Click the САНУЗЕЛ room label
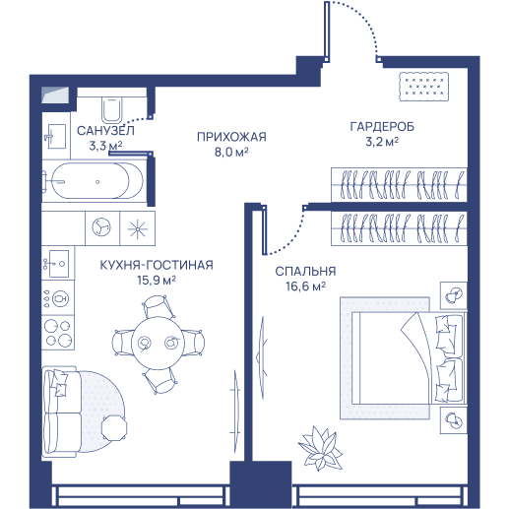click(x=105, y=131)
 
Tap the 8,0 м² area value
click(x=231, y=153)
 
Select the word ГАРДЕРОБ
click(x=382, y=126)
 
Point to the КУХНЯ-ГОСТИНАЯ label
click(x=157, y=265)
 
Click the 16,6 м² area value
click(x=305, y=286)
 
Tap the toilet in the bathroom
click(x=112, y=109)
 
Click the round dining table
click(x=158, y=343)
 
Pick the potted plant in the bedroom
click(x=320, y=448)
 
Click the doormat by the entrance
click(x=423, y=87)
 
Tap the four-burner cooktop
click(x=58, y=332)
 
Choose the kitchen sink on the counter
click(x=58, y=263)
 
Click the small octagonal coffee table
click(x=114, y=428)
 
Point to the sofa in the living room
click(x=62, y=412)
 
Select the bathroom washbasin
click(x=57, y=136)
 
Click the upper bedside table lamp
click(x=454, y=295)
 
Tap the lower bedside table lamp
click(x=454, y=420)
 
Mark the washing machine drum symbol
click(x=101, y=227)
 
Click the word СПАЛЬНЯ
click(x=305, y=272)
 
